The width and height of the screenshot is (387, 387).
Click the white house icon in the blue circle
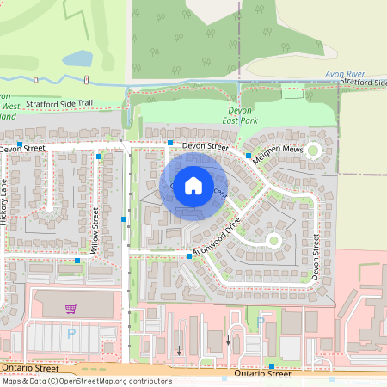[x=193, y=184]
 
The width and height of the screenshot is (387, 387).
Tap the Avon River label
[x=345, y=75]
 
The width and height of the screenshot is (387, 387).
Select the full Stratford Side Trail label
[x=58, y=103]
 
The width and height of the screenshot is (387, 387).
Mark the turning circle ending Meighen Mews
[x=313, y=150]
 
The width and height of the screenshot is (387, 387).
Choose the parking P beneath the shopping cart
[x=71, y=331]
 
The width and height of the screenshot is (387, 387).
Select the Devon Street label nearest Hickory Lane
[x=21, y=149]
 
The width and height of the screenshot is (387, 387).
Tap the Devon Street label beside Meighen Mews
[x=205, y=147]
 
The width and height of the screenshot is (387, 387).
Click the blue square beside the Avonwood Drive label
[x=188, y=255]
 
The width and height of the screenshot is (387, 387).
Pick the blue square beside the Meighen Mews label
[x=248, y=156]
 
